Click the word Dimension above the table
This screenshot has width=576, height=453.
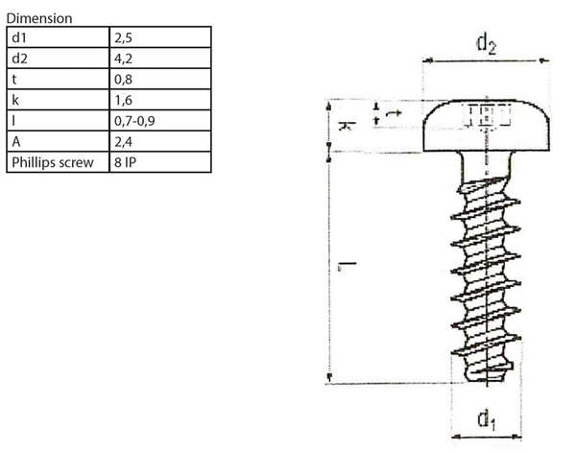coord(39,17)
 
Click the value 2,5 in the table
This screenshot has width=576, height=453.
coord(124,36)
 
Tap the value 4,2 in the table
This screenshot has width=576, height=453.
coord(124,58)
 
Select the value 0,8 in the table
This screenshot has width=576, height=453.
coord(124,79)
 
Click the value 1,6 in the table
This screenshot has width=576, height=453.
coord(124,100)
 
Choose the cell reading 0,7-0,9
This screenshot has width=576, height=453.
coord(135,121)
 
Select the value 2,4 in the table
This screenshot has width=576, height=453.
coord(124,142)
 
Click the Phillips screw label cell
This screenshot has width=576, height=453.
coord(53,162)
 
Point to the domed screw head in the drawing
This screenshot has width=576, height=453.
coord(488,120)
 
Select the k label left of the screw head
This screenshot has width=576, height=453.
coord(344,124)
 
